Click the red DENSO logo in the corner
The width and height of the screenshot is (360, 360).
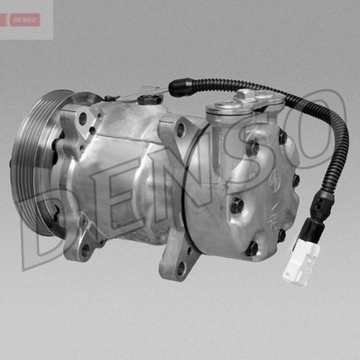[24, 20]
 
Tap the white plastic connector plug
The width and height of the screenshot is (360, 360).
[301, 264]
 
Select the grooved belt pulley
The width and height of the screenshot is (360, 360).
[38, 162]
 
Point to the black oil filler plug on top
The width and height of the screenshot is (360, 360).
[150, 99]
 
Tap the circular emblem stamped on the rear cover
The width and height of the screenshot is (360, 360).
[274, 180]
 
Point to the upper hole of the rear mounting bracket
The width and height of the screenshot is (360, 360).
[180, 129]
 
